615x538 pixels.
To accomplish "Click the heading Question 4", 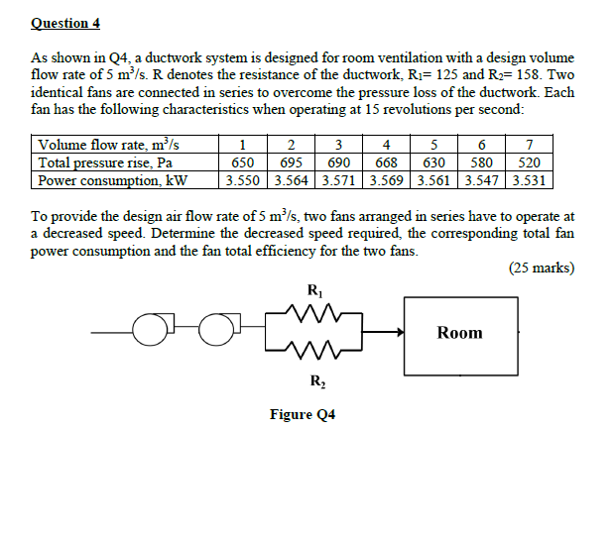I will point(65,22).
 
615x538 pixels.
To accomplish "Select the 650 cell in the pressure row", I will point(242,162).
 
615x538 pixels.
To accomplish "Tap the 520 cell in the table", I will point(530,162).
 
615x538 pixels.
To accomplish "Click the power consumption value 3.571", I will point(339,180).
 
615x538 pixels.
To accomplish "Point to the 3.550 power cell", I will point(242,180).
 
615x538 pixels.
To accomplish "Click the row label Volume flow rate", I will point(109,146).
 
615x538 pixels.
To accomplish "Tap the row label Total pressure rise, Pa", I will point(105,162).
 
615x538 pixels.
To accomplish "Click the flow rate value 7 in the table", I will point(530,146).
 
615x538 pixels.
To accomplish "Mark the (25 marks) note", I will point(541,268).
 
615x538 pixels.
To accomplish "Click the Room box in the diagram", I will point(459,333).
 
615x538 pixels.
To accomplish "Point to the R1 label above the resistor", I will point(315,291).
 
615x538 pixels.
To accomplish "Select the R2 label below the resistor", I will point(315,380).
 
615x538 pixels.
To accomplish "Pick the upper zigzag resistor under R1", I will point(315,315).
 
